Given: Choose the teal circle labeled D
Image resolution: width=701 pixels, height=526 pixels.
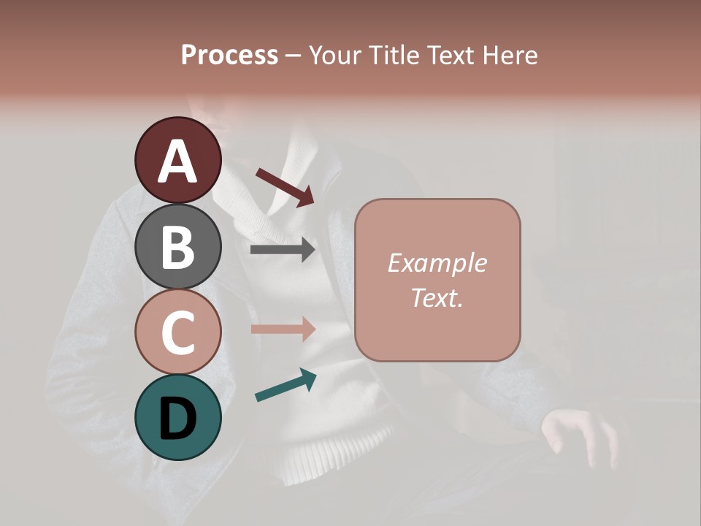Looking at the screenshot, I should pyautogui.click(x=177, y=417).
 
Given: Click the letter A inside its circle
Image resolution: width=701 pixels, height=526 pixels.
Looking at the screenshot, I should pyautogui.click(x=178, y=161).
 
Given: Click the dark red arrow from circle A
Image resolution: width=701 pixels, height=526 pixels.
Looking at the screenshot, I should pyautogui.click(x=285, y=186).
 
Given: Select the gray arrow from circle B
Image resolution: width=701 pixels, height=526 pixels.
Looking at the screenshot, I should pyautogui.click(x=283, y=250).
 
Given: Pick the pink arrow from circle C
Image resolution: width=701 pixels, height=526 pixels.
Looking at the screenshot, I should pyautogui.click(x=283, y=329).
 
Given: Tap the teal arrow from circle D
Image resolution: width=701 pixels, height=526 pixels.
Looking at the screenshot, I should pyautogui.click(x=286, y=385).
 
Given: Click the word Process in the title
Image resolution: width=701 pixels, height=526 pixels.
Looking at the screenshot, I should pyautogui.click(x=229, y=55).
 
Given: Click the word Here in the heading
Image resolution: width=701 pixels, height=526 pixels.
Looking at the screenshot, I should pyautogui.click(x=510, y=55).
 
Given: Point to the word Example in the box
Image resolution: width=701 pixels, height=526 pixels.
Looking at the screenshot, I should pyautogui.click(x=437, y=263).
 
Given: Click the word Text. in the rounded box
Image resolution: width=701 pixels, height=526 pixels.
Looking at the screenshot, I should pyautogui.click(x=437, y=297).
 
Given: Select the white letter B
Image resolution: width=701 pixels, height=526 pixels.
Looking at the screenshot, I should pyautogui.click(x=177, y=247).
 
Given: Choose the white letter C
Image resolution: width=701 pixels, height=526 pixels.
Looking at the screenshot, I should pyautogui.click(x=177, y=332).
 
